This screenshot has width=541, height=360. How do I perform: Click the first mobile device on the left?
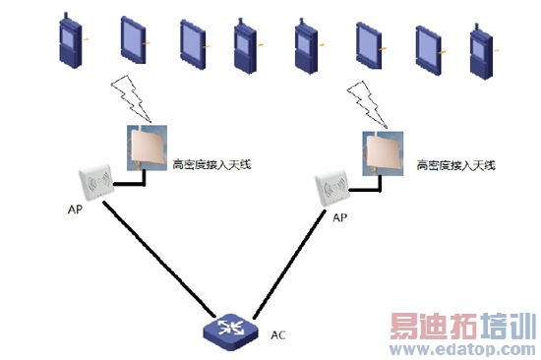pyautogui.click(x=72, y=39)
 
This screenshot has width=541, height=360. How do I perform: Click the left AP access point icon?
pyautogui.click(x=97, y=183)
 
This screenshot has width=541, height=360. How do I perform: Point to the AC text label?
pyautogui.click(x=278, y=334)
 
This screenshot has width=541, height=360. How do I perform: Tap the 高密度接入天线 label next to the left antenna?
pyautogui.click(x=211, y=163)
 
